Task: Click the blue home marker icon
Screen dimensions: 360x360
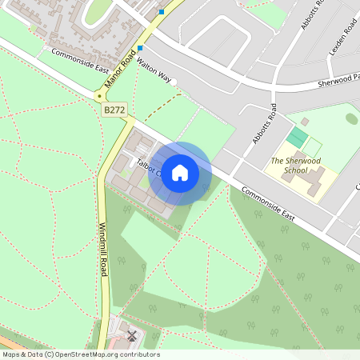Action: click(180, 173)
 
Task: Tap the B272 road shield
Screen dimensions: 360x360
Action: click(114, 107)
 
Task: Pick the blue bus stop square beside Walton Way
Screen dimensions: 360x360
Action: click(140, 48)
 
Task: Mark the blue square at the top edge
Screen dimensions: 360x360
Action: click(162, 12)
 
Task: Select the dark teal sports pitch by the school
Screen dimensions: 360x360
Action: click(297, 137)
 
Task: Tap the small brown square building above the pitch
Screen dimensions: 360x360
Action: click(304, 122)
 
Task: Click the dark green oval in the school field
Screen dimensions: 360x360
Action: click(351, 118)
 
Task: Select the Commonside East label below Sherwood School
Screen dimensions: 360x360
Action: click(269, 204)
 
